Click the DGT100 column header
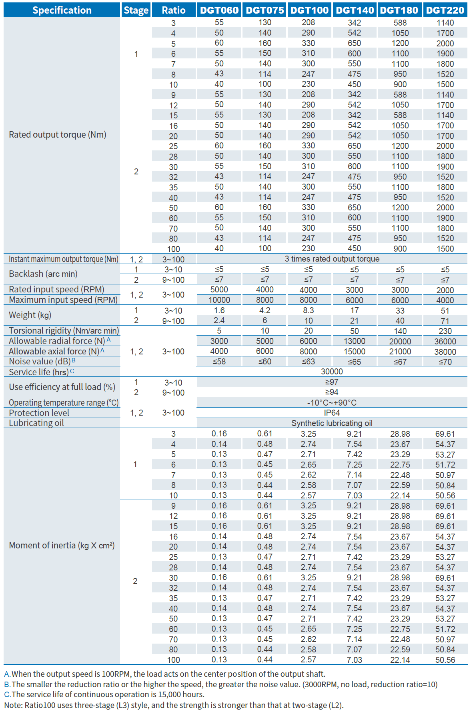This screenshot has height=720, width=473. point(309,10)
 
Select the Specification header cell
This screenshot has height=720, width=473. point(62,10)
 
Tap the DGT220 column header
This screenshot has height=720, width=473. point(445,10)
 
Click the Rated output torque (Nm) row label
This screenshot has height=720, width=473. point(58,134)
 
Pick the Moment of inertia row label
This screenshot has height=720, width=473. point(62,545)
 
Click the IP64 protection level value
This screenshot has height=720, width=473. point(332,413)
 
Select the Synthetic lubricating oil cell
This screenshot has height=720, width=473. point(332,423)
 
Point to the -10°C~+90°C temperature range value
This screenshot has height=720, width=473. point(332,402)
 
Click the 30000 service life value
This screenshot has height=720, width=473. point(332,372)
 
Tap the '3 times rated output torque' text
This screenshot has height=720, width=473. point(332,259)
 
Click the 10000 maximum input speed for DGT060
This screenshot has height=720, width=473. point(219,300)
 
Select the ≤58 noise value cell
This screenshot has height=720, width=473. point(219,362)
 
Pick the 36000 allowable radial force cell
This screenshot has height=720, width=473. point(445,341)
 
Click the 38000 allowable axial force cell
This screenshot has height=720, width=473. point(445,352)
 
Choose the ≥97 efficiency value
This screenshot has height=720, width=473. point(332,382)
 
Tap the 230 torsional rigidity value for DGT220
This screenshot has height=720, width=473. point(445,331)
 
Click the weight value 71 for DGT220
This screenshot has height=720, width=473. point(445,321)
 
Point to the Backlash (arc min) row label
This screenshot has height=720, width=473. point(43,274)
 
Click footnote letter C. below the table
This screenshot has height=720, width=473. point(7,694)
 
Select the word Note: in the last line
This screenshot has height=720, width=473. point(13,705)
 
